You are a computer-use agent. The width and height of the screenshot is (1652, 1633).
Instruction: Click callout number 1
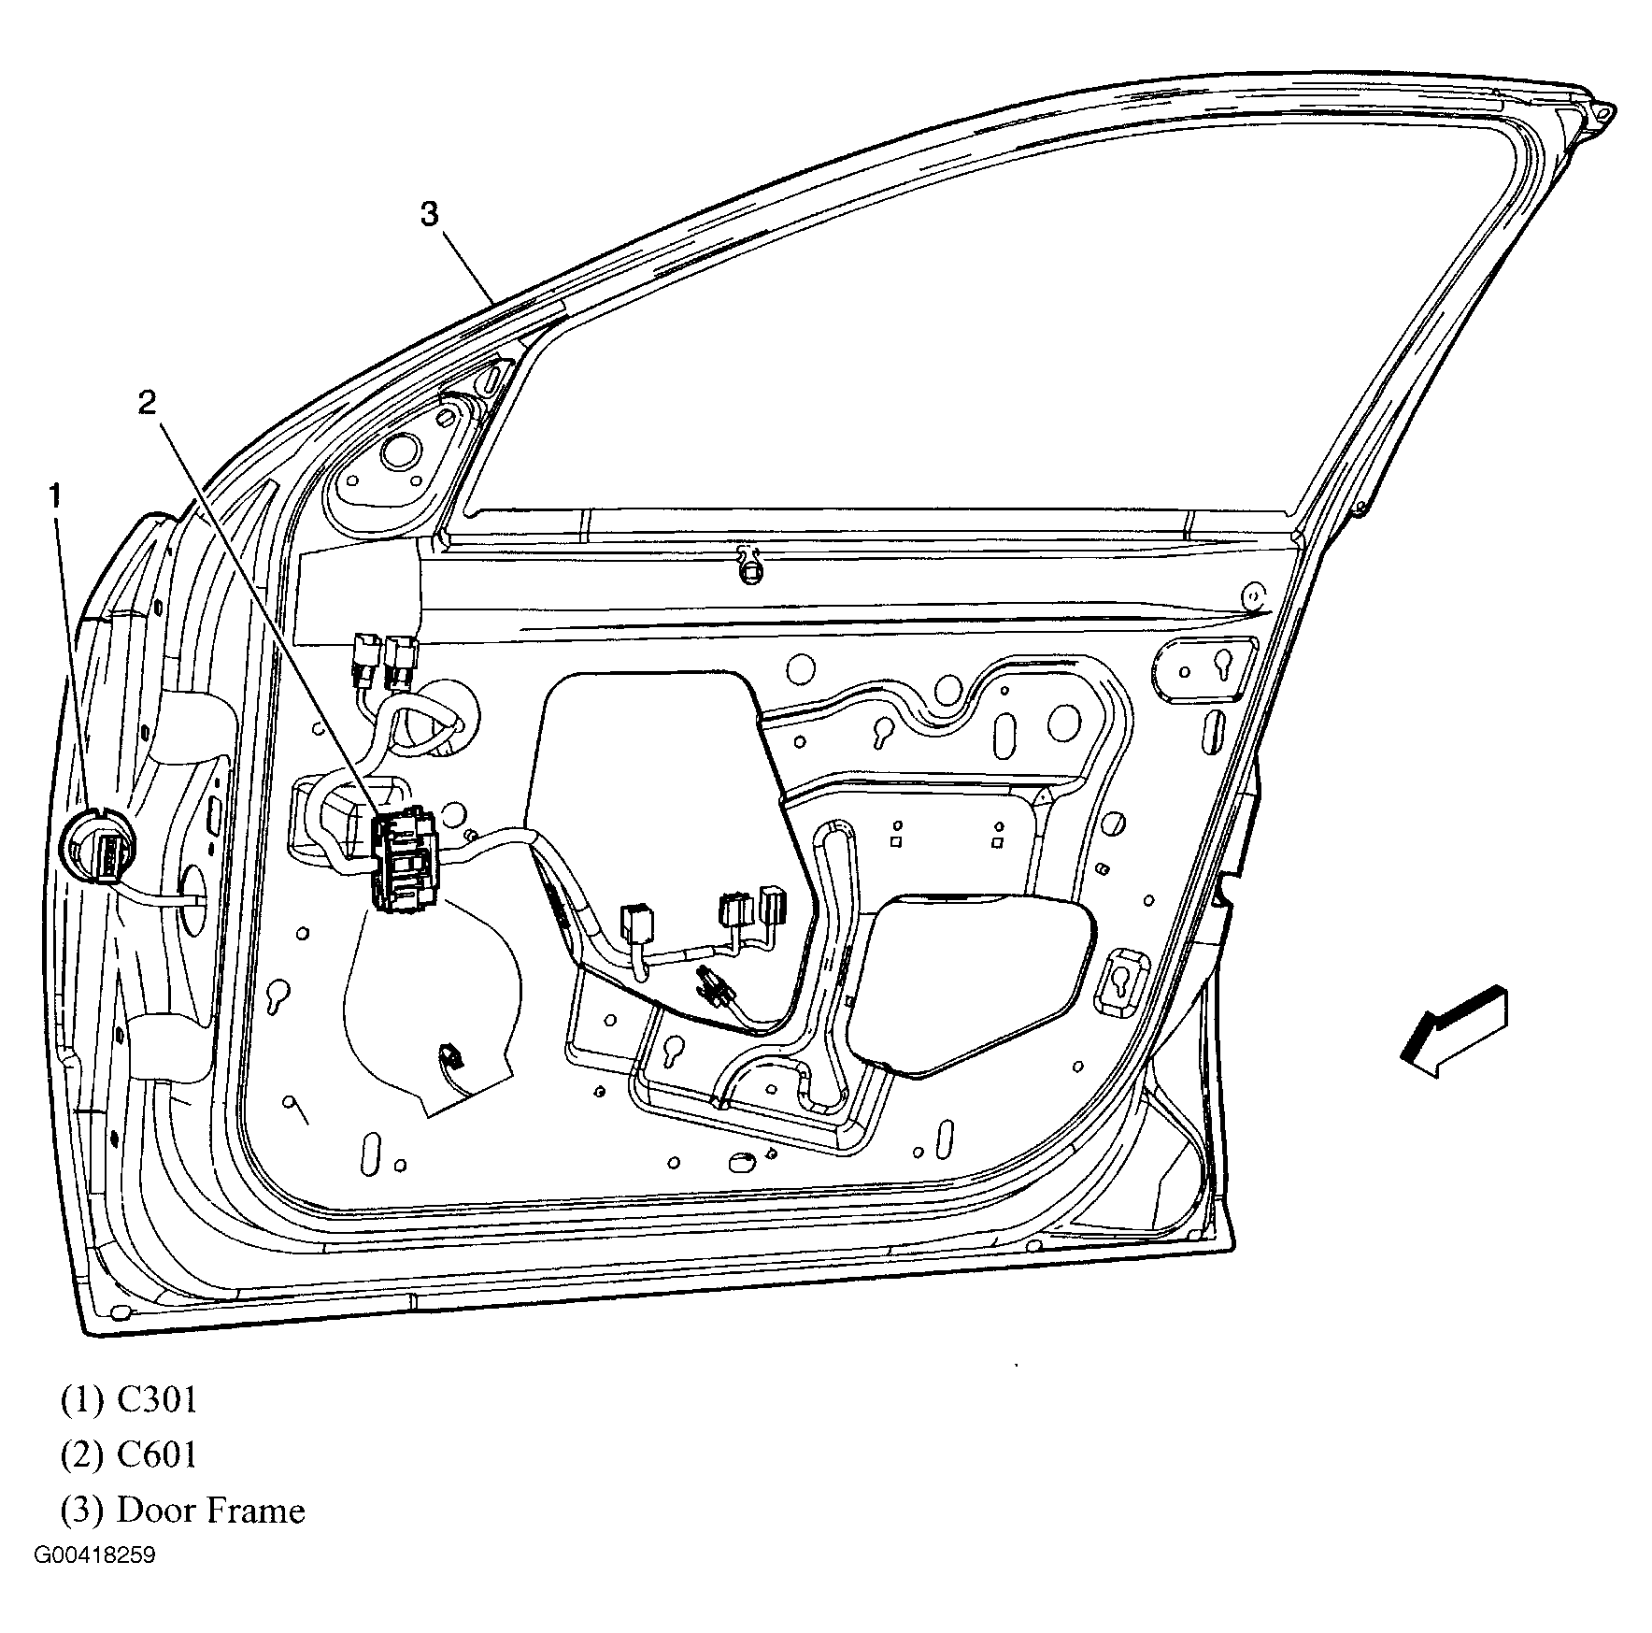(55, 495)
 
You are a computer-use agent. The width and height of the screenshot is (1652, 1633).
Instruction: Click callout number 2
(147, 403)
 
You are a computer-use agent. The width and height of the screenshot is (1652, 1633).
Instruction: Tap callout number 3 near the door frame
(428, 215)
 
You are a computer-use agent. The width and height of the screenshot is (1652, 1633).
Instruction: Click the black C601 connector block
(405, 860)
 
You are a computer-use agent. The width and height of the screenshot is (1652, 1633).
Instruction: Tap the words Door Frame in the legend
(210, 1510)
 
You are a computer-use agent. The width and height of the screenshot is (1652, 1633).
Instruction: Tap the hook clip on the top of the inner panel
(747, 565)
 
